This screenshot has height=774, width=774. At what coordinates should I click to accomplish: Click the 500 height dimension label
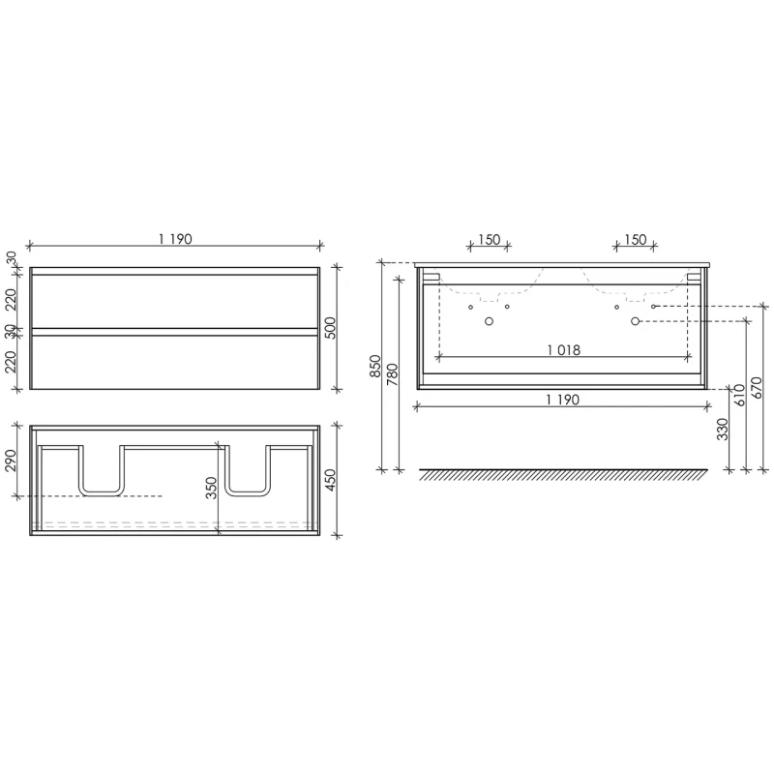[x=331, y=328]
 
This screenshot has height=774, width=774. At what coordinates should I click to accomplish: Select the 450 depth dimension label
[x=331, y=480]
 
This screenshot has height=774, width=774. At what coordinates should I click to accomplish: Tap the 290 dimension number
[x=11, y=461]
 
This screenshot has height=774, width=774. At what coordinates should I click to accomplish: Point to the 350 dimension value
[x=211, y=488]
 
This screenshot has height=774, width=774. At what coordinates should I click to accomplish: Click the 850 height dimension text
[x=376, y=367]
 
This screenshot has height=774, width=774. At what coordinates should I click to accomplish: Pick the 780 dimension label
[x=393, y=374]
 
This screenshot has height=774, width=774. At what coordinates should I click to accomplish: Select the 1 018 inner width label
[x=564, y=350]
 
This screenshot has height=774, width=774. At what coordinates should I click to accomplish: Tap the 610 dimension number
[x=739, y=395]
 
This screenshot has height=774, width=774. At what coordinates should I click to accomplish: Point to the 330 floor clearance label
[x=722, y=429]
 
